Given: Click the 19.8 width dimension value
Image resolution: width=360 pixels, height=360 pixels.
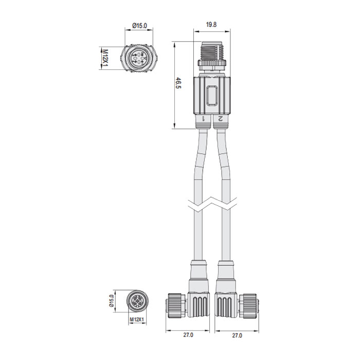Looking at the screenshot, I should click(211, 24).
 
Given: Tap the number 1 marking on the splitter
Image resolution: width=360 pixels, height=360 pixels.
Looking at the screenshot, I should click(204, 119).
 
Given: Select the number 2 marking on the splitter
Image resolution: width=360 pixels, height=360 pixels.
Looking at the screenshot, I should click(220, 119).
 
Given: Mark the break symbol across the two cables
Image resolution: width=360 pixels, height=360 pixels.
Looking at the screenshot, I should click(212, 204).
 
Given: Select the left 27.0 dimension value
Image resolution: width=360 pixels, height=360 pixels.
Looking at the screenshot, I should click(188, 335).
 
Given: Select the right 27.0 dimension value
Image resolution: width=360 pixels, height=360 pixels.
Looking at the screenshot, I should click(236, 335).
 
